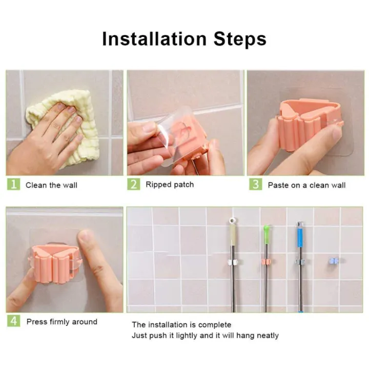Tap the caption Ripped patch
(170, 184)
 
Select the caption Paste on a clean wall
(306, 185)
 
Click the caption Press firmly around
(61, 322)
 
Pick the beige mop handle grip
(232, 236)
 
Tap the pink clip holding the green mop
(266, 262)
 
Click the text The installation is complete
(181, 324)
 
